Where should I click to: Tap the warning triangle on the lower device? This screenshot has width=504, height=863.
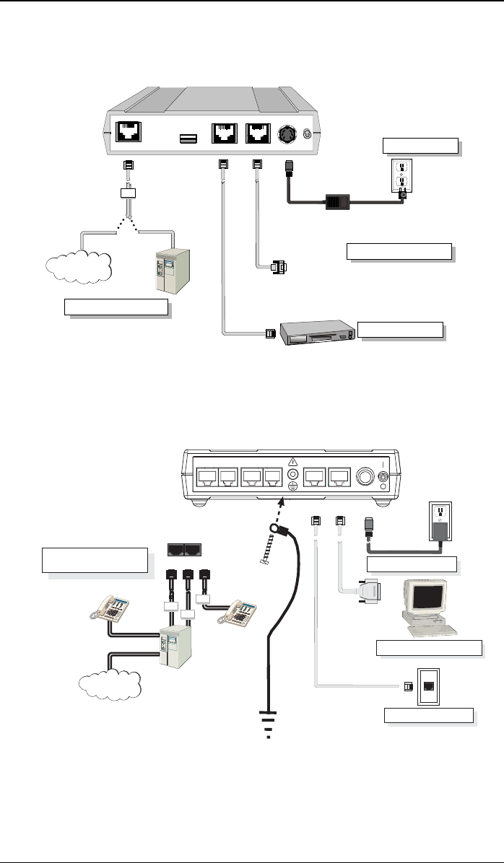[x=293, y=462]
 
